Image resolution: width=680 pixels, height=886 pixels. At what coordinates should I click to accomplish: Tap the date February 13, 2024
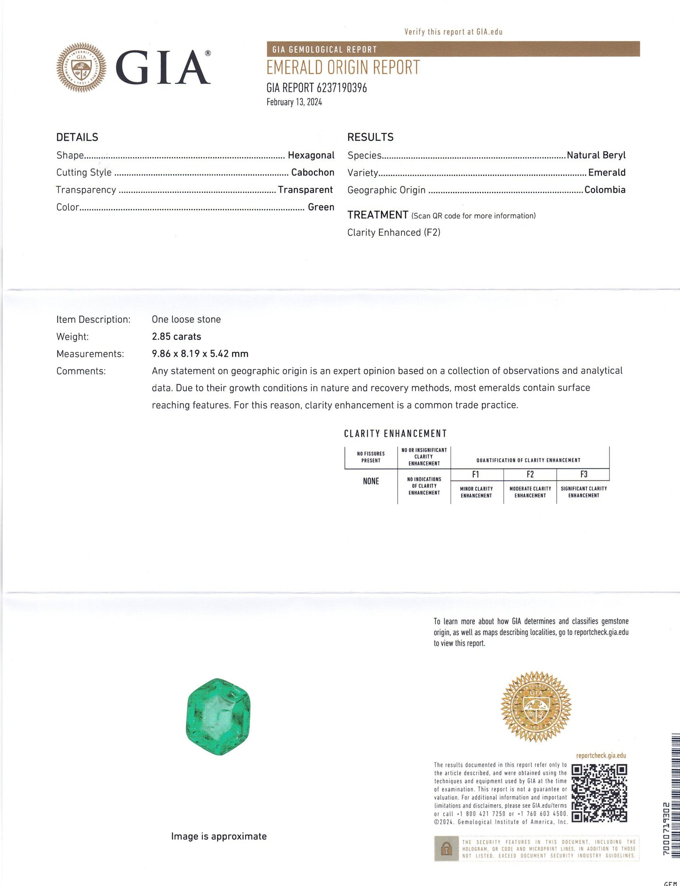294,102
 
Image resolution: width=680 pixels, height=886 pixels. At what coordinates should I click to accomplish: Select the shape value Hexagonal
311,155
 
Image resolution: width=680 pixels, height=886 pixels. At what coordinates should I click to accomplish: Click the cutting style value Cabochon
312,172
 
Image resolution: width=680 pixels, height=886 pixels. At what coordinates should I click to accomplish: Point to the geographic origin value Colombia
605,190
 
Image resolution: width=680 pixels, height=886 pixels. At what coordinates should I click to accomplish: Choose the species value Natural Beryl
596,155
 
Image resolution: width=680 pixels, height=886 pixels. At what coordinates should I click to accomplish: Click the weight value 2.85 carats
176,337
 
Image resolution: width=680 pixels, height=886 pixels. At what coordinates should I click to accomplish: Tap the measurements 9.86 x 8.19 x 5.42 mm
200,354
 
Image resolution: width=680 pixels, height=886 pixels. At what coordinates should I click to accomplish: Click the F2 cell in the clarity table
530,475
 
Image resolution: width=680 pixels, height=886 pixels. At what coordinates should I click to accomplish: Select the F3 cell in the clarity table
584,475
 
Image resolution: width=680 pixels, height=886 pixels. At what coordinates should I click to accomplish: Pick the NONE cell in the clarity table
371,481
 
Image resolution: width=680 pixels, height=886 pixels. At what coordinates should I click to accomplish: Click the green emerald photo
218,717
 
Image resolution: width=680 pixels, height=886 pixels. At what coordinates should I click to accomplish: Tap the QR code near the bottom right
599,793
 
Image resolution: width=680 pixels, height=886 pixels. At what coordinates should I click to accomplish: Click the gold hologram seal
536,706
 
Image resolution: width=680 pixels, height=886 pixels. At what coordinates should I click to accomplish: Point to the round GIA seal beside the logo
81,67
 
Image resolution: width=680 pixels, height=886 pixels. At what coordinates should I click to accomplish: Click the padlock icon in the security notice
447,849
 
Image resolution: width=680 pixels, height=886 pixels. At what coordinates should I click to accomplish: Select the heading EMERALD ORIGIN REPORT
343,68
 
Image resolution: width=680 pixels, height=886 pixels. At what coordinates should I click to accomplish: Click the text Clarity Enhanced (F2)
393,233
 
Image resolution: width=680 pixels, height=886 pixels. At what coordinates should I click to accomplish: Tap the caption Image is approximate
219,836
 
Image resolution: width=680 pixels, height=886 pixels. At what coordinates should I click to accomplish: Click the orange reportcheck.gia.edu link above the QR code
601,756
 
